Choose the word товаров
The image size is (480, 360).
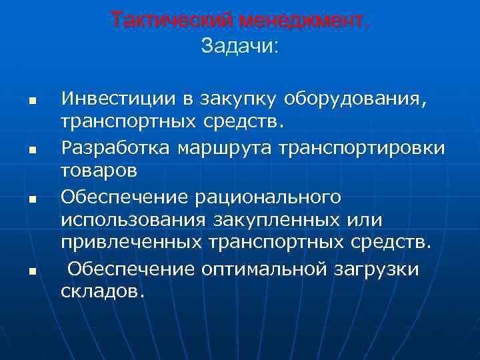click(x=99, y=170)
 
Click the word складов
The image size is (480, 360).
click(x=101, y=291)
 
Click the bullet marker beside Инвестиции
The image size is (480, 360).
click(x=31, y=101)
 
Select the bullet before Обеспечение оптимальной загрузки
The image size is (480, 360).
click(x=31, y=271)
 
